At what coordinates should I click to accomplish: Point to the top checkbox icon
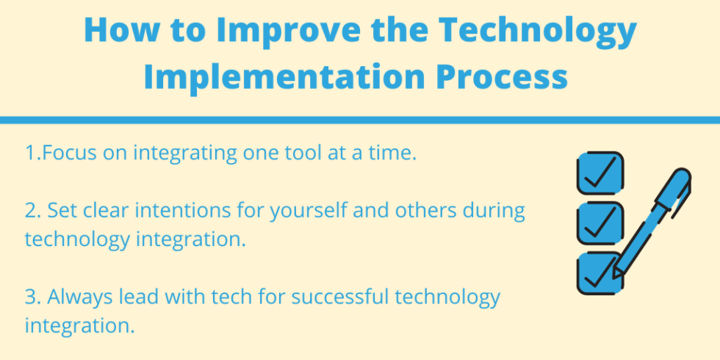click(600, 173)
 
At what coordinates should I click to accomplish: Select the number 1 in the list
click(30, 154)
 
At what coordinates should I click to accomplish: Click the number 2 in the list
click(30, 212)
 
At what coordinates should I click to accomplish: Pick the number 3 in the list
click(30, 298)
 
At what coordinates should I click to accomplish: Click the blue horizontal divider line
click(360, 120)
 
